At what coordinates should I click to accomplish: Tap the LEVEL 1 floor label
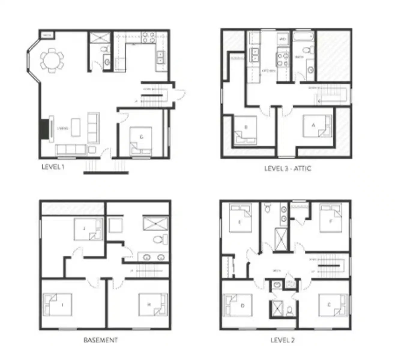[x=53, y=167]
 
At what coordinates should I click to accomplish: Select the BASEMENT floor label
[x=100, y=340]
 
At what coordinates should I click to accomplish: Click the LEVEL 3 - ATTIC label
[x=288, y=168]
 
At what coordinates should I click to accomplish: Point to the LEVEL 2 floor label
[x=282, y=340]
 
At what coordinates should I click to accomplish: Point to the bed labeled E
[x=240, y=218]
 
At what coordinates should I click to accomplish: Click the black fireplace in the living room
[x=44, y=129]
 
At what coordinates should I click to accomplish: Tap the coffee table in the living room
[x=76, y=127]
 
